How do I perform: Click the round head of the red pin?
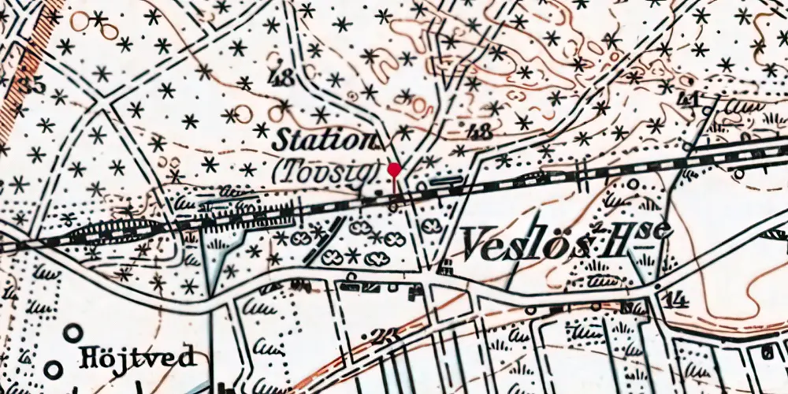(395, 169)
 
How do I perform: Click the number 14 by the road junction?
(675, 300)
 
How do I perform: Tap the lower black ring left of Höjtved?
(53, 368)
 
